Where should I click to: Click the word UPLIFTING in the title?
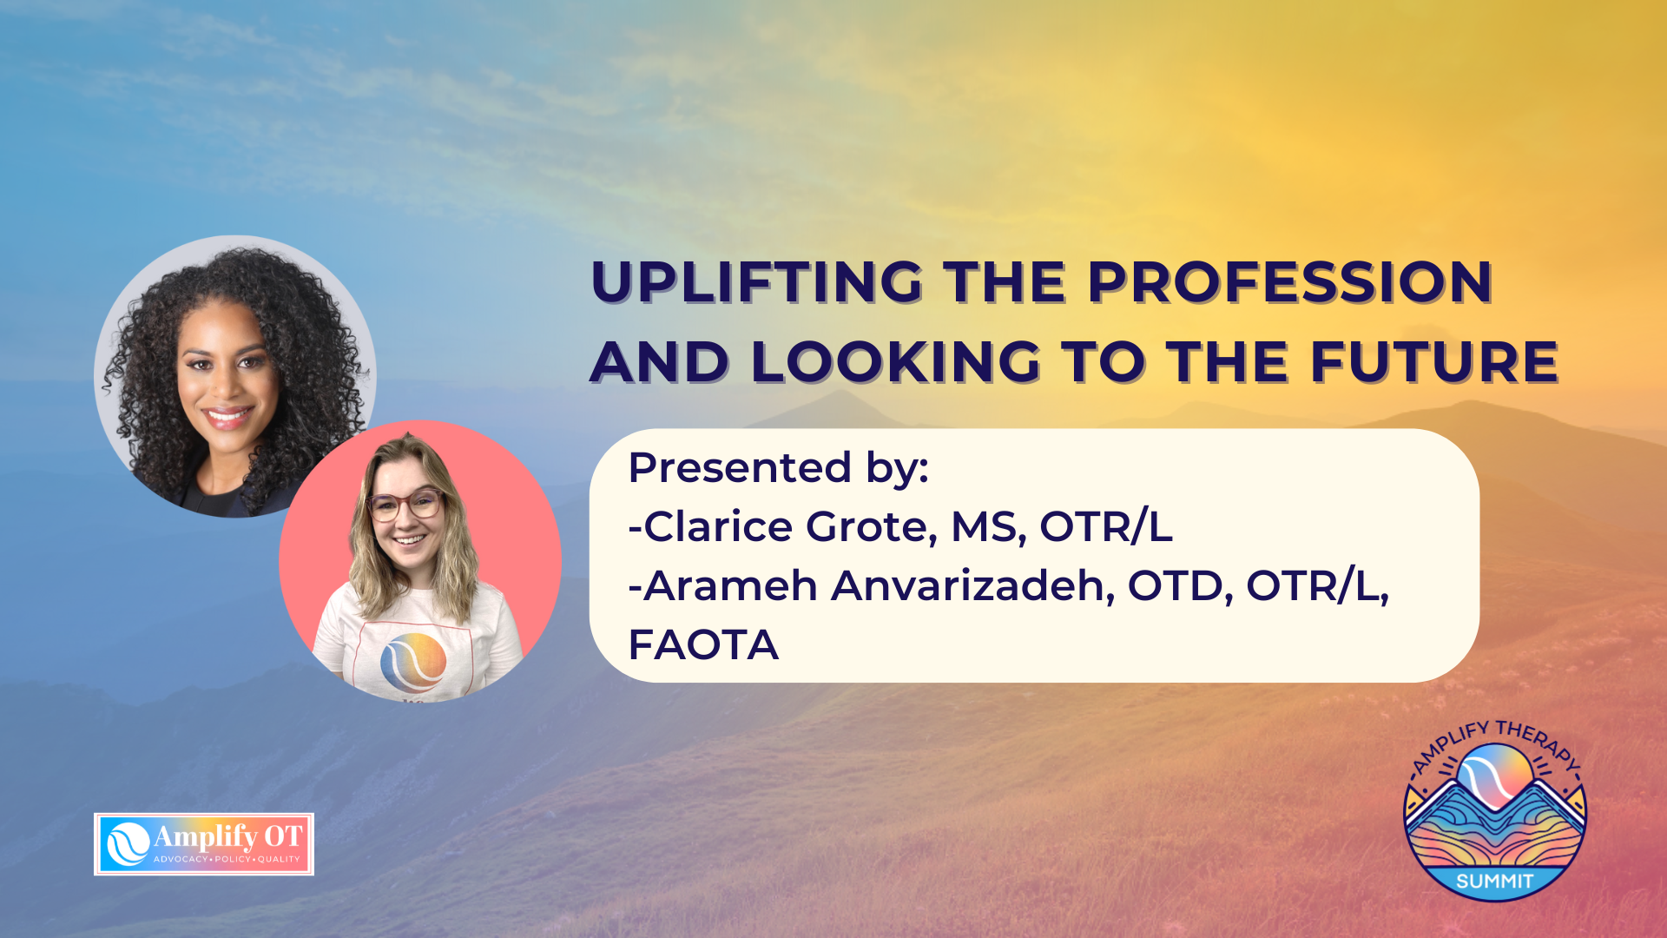pos(756,282)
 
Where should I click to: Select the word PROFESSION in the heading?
pos(1289,282)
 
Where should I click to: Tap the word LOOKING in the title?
pos(896,361)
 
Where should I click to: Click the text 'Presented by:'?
pos(779,468)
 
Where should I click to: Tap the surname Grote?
pos(872,527)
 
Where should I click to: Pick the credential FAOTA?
pos(703,645)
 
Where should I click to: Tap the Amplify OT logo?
pos(204,844)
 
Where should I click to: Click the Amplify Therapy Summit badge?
pos(1495,810)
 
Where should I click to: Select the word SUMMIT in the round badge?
pos(1495,881)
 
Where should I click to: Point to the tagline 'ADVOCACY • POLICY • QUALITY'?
pos(227,860)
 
